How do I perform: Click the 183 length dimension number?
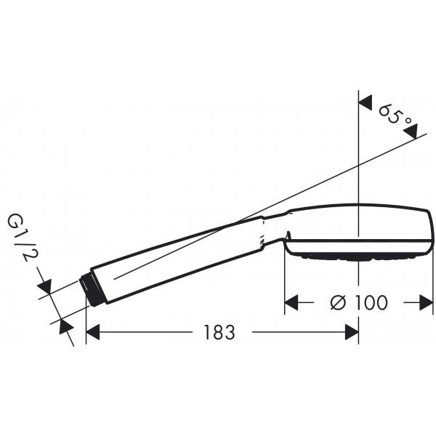219,332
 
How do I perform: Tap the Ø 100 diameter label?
359,302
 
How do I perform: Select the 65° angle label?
395,115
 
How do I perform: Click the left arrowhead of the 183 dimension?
93,332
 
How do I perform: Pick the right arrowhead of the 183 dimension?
352,332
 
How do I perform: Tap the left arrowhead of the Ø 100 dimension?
291,302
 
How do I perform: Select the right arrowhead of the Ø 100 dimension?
427,302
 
